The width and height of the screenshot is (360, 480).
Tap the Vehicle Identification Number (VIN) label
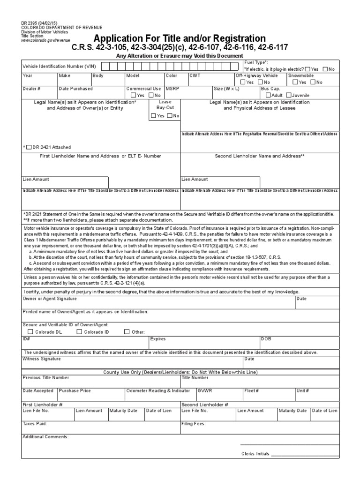coord(59,67)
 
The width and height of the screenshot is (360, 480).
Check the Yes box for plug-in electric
coord(307,69)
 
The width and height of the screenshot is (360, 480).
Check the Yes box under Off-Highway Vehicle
coord(242,82)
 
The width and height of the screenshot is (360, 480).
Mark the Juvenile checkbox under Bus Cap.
coord(288,95)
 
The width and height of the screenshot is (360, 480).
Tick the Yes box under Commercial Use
coord(133,95)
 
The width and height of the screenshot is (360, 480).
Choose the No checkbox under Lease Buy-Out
coord(170,115)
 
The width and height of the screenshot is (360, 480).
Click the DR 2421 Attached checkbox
coord(30,147)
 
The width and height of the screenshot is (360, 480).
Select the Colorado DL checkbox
coord(30,332)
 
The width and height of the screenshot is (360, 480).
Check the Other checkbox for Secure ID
coord(127,332)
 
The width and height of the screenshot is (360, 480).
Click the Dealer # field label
coord(31,88)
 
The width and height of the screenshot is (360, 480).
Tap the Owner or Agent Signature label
coord(49,298)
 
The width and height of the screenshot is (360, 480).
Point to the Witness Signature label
coord(42,359)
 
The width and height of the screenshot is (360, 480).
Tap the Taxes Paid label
coord(35,424)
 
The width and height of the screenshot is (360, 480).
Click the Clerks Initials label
coord(255,454)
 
